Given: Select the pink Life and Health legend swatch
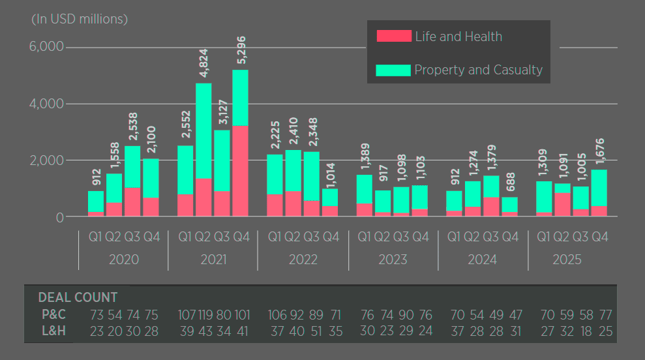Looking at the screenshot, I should pos(394,37).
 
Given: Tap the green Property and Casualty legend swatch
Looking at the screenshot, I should pos(393,70).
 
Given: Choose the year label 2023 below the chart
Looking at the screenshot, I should pos(393,260).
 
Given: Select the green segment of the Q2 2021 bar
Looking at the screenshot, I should pos(203,130).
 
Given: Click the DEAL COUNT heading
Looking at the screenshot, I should pos(78,297).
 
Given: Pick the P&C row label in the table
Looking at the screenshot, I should pos(53,315).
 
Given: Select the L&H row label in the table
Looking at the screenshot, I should pos(53,331).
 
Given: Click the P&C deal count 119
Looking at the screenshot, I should pos(205,315).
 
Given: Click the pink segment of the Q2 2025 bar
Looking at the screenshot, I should pos(563,204).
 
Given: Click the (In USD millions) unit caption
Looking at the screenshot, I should pos(80,19).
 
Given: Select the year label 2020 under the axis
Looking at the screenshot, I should pos(123,260).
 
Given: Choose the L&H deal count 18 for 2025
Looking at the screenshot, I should pos(586,331).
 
